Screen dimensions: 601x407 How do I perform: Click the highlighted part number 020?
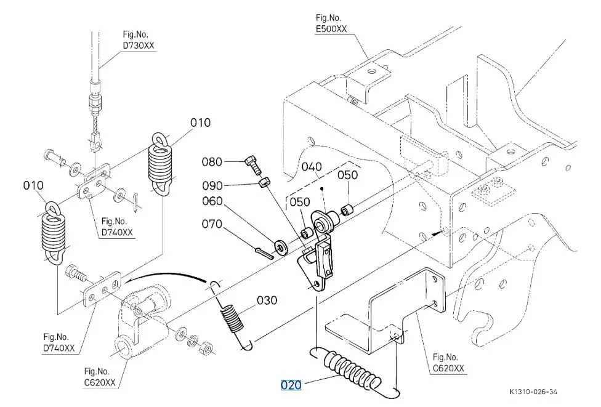pos(291,385)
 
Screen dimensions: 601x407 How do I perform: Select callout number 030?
pos(267,300)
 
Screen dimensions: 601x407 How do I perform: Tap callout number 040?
pos(312,167)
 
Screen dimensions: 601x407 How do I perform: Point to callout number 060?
pos(212,201)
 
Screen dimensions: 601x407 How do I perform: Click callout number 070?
pos(212,224)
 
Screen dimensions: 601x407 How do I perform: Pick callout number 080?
pos(212,162)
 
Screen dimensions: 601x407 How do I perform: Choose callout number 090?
pos(212,186)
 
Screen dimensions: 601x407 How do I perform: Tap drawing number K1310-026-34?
pos(533,392)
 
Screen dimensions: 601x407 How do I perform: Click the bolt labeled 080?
pos(253,164)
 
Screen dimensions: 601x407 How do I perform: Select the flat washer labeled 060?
pos(281,248)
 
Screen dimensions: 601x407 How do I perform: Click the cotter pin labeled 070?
pos(264,253)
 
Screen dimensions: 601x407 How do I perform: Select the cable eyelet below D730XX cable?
pos(97,142)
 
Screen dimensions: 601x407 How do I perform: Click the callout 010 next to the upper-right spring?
pos(201,123)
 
